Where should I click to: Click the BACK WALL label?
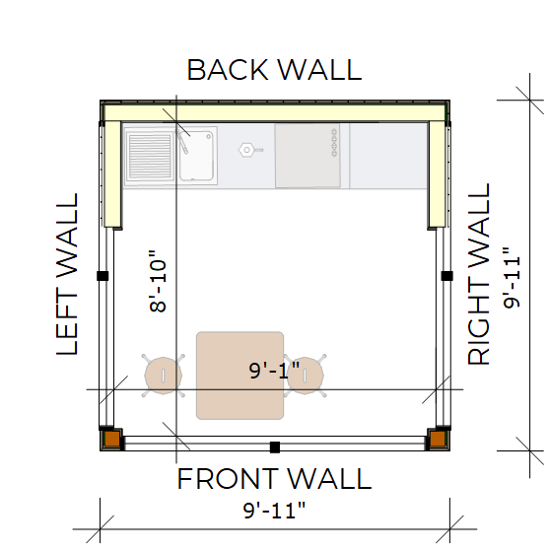coord(274,70)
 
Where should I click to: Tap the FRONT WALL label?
coord(274,478)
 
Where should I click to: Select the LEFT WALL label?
coord(67,274)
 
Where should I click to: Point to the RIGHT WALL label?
coord(478,274)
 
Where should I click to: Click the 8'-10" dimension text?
coord(158,281)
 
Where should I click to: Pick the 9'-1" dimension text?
coord(274,370)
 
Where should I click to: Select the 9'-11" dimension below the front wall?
coord(274,511)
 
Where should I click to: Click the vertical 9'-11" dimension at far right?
coord(512,277)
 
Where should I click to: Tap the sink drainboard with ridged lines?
coord(150,156)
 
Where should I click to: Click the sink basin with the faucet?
coord(196,156)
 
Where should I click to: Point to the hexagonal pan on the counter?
coord(249,150)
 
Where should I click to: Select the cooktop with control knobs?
coord(308,156)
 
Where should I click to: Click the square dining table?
coord(240,376)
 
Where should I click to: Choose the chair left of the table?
coord(164,376)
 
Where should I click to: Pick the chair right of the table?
coord(306,376)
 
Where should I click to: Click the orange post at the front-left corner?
coord(112,439)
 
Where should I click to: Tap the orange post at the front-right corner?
coord(438,439)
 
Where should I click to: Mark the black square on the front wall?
coord(275,447)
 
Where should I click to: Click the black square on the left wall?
coord(103,276)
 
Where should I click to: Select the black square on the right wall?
coord(446,276)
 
